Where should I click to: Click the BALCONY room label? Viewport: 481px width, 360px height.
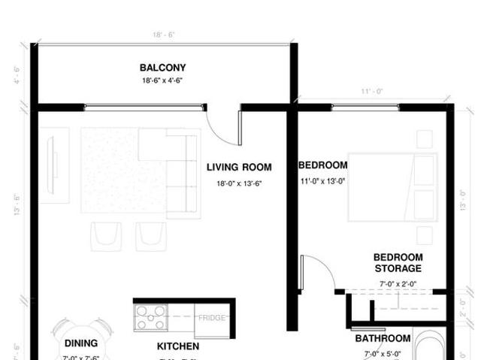[162, 68]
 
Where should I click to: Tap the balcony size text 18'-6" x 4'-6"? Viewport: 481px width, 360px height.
[162, 80]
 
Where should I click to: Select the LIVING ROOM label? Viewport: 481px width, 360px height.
[239, 168]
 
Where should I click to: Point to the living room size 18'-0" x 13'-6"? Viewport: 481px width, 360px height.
[239, 183]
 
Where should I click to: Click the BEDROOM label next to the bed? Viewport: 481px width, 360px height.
[323, 165]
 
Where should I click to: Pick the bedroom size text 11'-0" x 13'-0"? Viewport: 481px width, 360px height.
[323, 181]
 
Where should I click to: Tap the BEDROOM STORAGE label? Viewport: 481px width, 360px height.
[398, 262]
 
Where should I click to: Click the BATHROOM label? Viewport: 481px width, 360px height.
[383, 339]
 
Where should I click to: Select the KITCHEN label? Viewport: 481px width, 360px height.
[178, 346]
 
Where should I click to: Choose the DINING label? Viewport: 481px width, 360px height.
[81, 343]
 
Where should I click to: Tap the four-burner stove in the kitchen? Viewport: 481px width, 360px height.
[151, 317]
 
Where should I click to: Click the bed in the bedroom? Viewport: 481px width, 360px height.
[392, 187]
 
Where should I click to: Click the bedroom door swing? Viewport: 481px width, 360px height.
[317, 274]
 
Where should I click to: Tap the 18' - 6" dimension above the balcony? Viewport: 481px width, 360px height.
[163, 35]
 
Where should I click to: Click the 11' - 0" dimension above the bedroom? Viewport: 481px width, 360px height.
[371, 91]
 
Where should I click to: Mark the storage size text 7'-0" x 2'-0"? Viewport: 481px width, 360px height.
[398, 284]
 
